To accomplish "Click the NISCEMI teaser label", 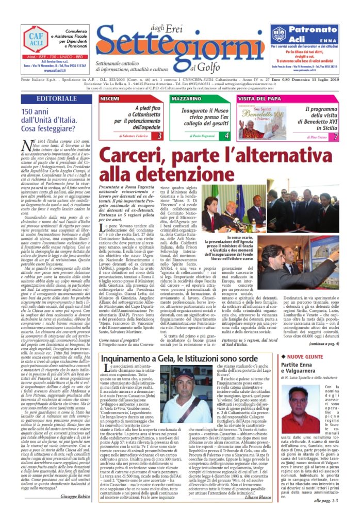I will (x=110, y=98).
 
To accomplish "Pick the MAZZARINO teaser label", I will (x=187, y=98).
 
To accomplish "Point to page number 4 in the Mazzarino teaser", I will (x=227, y=136).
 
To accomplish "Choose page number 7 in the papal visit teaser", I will (x=336, y=136).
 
